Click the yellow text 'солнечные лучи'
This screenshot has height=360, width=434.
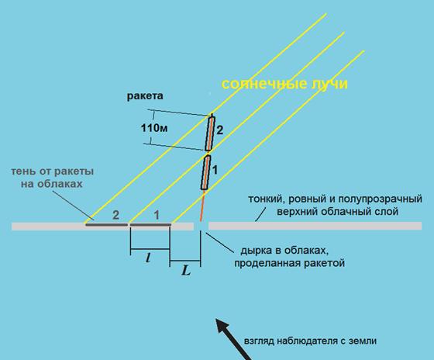284,84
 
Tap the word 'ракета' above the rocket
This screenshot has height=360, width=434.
145,96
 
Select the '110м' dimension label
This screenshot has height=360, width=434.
154,128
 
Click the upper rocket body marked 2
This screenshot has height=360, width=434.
210,133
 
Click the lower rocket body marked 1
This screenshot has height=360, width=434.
205,172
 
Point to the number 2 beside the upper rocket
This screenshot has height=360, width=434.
219,130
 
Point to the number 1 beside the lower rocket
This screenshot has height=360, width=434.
215,170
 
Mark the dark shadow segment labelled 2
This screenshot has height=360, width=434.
107,224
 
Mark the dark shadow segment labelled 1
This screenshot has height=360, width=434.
150,224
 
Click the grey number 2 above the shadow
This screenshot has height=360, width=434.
116,215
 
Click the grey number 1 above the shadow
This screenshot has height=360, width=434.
157,215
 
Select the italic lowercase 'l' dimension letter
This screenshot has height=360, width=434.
148,258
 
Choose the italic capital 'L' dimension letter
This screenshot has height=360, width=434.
186,271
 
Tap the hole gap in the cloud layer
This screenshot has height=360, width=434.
201,226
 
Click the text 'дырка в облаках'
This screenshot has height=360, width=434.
284,251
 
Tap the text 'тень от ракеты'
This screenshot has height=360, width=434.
53,171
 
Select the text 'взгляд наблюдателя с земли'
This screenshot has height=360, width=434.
310,341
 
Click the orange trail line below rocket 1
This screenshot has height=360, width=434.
202,206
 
